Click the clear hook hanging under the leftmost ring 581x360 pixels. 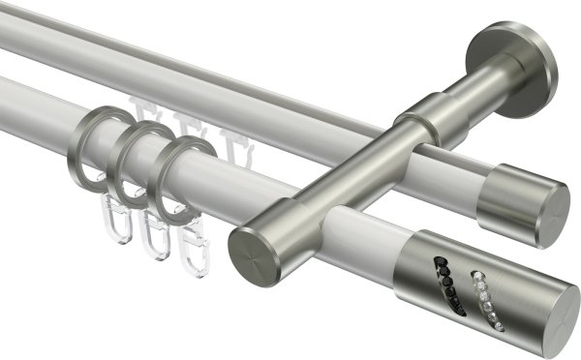click(116, 224)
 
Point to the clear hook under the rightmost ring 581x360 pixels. click(194, 254)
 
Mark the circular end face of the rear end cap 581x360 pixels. click(554, 212)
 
